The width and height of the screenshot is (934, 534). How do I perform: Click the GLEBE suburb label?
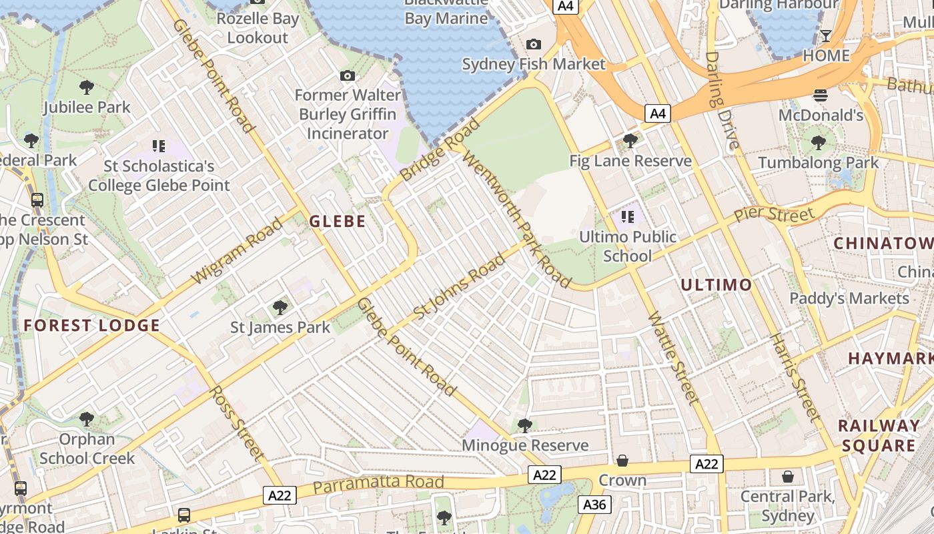coord(338,222)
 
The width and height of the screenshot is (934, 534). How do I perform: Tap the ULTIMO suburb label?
coord(716,285)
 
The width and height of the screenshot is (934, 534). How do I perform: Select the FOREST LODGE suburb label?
coord(92,326)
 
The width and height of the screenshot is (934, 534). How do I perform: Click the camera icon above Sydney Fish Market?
coord(534,44)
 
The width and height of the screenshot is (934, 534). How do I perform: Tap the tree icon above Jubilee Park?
coord(86,87)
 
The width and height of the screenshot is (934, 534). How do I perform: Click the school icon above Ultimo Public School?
coord(627,216)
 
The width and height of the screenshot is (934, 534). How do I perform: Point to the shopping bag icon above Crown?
coord(622,461)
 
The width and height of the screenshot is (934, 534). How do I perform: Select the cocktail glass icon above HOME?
coord(826,35)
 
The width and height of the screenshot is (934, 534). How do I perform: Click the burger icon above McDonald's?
coord(821,95)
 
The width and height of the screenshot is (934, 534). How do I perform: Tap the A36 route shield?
coord(594,504)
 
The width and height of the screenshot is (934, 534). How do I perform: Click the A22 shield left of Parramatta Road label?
coord(280,495)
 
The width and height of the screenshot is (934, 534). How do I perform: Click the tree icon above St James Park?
coord(280,308)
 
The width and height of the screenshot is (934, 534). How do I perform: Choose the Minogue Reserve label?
coord(526,445)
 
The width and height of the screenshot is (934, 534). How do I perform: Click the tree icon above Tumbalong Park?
coord(819,142)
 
